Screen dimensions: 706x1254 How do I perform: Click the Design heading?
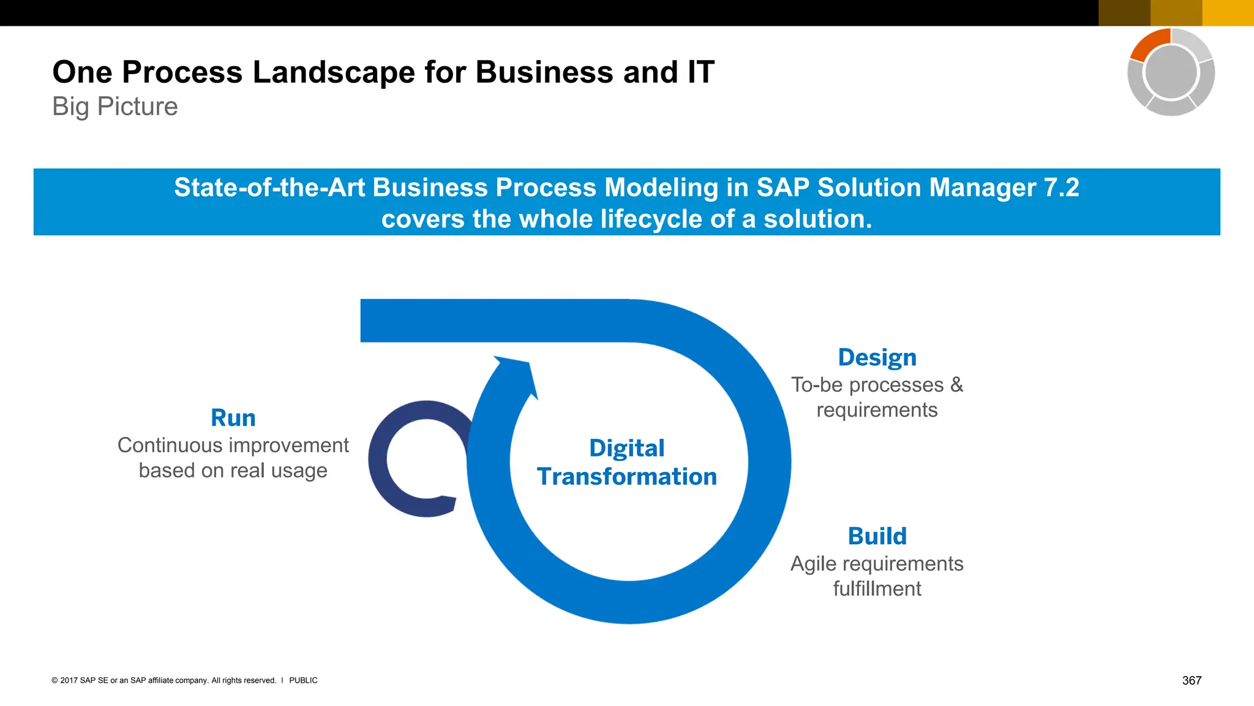click(877, 357)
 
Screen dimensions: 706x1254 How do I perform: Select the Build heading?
click(877, 536)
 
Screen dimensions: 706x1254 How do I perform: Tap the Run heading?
click(233, 418)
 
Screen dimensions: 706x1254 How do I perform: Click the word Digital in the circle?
click(626, 448)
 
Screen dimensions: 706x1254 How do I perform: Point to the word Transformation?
click(626, 477)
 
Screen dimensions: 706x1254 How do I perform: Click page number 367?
click(1192, 680)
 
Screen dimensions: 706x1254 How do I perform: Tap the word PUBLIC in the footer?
click(303, 680)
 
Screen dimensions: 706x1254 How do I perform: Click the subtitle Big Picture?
click(115, 107)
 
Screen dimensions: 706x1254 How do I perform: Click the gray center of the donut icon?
click(1171, 72)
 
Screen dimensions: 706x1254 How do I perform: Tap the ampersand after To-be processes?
click(956, 385)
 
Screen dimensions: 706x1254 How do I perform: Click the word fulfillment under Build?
click(877, 589)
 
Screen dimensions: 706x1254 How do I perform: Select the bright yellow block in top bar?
click(1228, 13)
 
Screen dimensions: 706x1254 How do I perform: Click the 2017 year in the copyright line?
click(69, 680)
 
